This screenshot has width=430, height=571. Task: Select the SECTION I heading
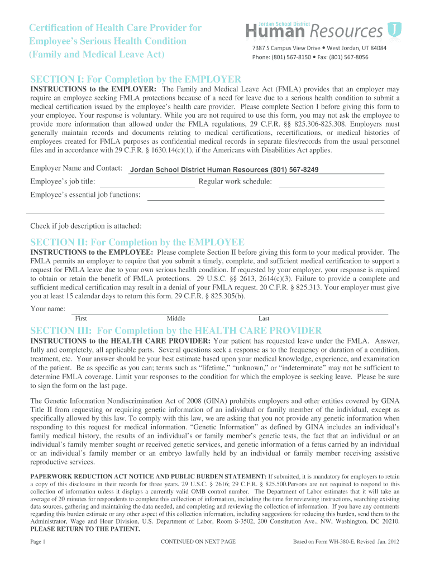[136, 79]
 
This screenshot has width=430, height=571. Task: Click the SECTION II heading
[137, 242]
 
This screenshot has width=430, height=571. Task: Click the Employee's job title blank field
[147, 182]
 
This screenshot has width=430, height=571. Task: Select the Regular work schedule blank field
[331, 182]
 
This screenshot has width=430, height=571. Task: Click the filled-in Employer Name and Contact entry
[224, 170]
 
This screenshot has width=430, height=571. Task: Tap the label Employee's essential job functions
[85, 195]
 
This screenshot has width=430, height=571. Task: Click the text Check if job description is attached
[85, 226]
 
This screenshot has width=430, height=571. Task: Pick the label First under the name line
[80, 318]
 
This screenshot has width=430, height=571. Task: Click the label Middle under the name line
[176, 318]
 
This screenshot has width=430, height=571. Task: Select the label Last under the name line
[264, 318]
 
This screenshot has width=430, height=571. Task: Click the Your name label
[48, 308]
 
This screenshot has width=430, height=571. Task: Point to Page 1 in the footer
[37, 541]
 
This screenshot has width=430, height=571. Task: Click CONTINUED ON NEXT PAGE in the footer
[198, 541]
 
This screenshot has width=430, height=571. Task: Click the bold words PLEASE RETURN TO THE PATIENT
[85, 529]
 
